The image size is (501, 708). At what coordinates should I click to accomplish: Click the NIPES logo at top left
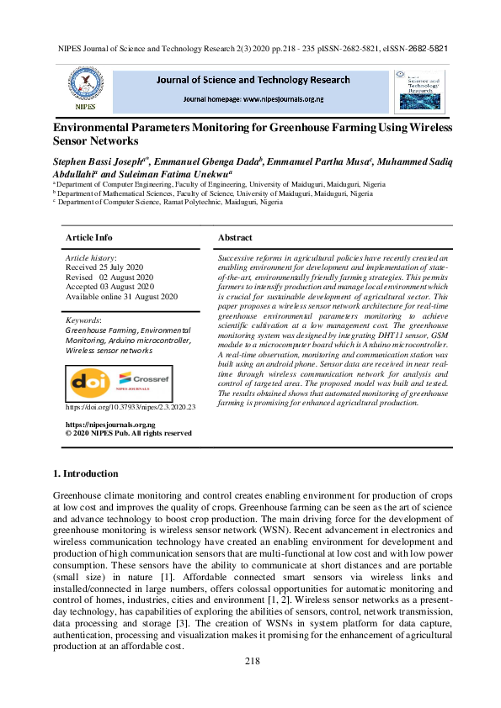pos(85,90)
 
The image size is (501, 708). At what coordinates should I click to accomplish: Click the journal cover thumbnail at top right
pos(418,91)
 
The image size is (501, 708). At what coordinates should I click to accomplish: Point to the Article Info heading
pos(88,238)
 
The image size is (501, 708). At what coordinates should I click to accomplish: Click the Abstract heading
pos(235,238)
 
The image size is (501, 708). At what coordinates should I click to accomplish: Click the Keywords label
pos(83,320)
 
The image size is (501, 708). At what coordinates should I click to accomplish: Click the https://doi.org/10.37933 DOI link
pos(130,407)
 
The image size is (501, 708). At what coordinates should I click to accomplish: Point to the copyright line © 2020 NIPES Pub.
pos(128,434)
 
